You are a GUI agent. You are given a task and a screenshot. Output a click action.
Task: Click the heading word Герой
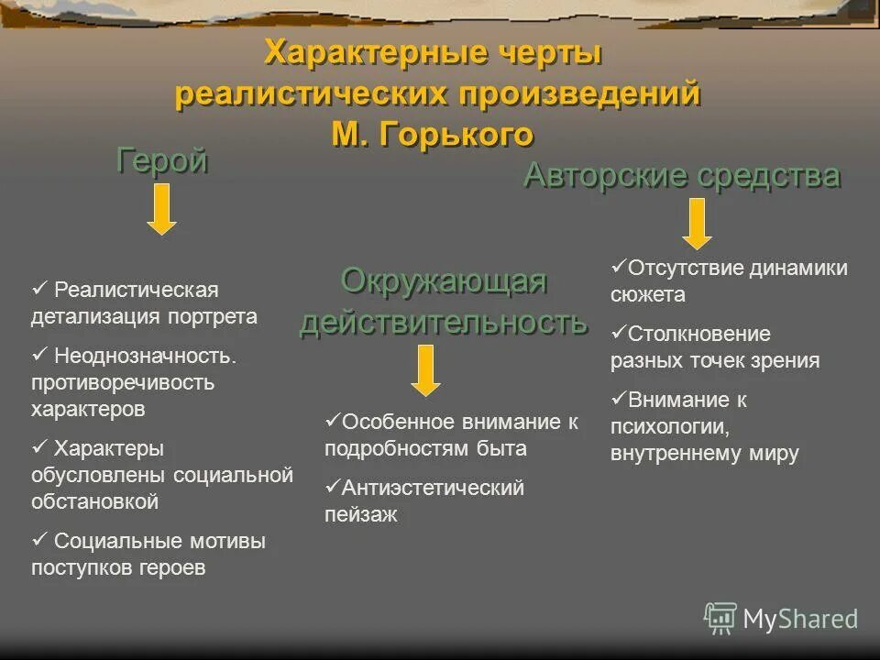coord(162,161)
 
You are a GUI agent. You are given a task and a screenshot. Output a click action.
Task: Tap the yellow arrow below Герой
coord(161,209)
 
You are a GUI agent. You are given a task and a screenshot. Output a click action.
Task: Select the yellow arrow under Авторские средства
coord(697,223)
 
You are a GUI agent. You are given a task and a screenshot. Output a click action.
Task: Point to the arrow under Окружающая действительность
coord(425,369)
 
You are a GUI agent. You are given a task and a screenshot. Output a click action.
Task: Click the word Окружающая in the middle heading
coord(444,281)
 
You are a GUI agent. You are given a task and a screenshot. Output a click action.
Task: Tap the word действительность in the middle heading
coord(444,323)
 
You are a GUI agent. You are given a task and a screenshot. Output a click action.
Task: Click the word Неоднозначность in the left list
coord(145,356)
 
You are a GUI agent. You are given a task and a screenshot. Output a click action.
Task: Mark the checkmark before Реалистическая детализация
coord(38,290)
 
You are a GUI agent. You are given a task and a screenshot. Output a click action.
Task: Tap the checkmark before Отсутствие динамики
coord(618,268)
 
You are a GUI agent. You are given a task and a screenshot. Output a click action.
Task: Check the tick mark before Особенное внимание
coord(332,422)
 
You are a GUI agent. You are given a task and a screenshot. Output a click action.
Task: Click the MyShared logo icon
coord(720,619)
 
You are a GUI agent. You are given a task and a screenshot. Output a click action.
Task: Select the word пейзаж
coord(361,515)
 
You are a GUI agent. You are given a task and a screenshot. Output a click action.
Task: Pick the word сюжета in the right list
coord(647,295)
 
